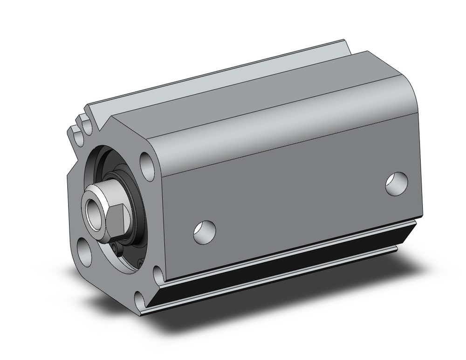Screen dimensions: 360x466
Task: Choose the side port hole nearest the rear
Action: [397, 183]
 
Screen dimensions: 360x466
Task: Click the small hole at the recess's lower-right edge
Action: [140, 265]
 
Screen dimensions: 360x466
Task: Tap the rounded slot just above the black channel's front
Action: [158, 272]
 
